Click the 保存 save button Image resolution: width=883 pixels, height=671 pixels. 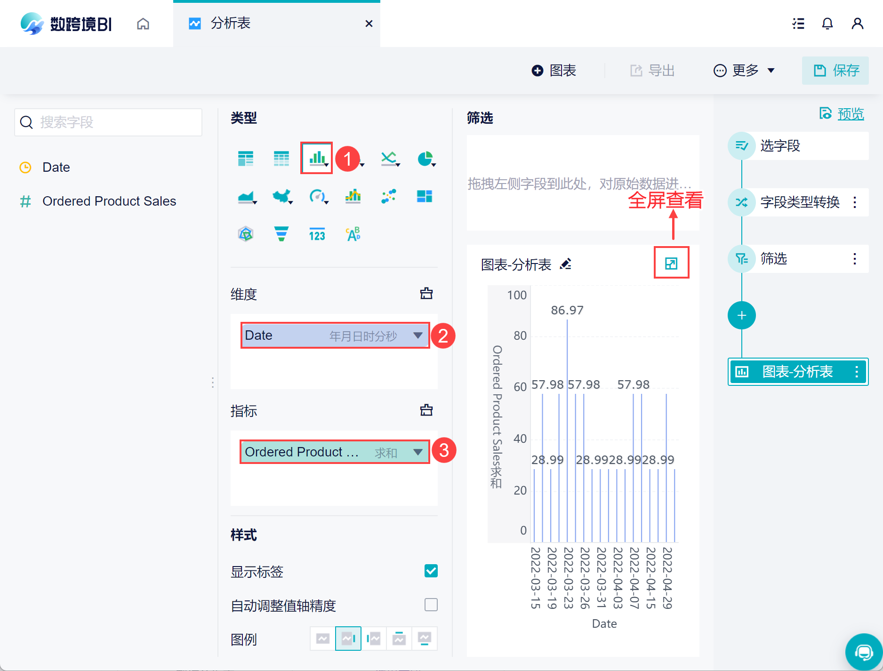pos(835,71)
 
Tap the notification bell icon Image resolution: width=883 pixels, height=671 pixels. pos(827,24)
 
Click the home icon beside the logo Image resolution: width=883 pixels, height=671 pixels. pos(143,24)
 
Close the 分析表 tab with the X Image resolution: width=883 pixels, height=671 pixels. pos(369,24)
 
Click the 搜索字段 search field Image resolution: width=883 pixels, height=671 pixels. pos(108,122)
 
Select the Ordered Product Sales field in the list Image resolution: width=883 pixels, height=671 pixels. pos(109,201)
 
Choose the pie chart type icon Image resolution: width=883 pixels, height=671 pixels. pos(425,159)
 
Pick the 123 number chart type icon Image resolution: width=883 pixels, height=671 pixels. pos(317,234)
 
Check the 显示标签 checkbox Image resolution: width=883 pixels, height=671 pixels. pos(431,571)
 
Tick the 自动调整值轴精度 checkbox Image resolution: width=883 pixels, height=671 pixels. pos(431,605)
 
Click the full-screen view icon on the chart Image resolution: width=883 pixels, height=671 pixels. pos(671,263)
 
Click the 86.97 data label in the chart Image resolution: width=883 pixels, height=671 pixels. pos(567,310)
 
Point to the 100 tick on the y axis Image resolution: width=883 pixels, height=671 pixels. pos(517,295)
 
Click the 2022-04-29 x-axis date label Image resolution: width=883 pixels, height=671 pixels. pos(667,578)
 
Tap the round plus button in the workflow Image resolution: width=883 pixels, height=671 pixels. pos(741,315)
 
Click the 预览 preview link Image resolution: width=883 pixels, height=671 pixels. pos(850,114)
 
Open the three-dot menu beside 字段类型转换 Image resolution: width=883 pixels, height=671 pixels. pos(855,202)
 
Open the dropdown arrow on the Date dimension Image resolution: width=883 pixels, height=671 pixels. pos(417,335)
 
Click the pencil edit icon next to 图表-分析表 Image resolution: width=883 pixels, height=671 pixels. pos(566,264)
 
